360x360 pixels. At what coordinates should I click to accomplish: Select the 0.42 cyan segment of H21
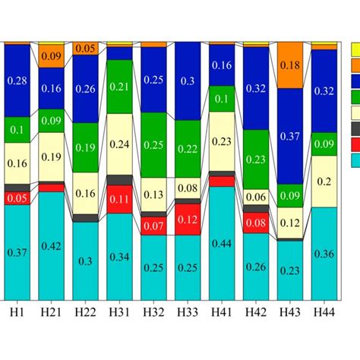[51, 245]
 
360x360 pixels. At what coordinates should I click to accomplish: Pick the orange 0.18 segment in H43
[290, 65]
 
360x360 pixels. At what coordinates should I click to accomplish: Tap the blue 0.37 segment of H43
[290, 136]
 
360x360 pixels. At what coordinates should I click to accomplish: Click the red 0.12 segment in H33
[188, 219]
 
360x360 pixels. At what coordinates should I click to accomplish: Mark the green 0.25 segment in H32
[153, 145]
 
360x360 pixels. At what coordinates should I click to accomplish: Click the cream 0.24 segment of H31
[119, 144]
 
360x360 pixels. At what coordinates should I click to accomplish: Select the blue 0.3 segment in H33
[188, 81]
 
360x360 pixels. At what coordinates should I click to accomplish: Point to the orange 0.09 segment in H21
[51, 56]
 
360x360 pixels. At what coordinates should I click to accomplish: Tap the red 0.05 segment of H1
[17, 198]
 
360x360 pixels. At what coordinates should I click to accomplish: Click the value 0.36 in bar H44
[324, 254]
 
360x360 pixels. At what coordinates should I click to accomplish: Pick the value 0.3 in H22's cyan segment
[85, 261]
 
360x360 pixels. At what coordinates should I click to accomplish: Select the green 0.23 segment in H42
[256, 159]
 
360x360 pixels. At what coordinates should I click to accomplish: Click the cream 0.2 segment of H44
[324, 182]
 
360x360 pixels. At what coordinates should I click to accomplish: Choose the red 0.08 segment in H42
[256, 223]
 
